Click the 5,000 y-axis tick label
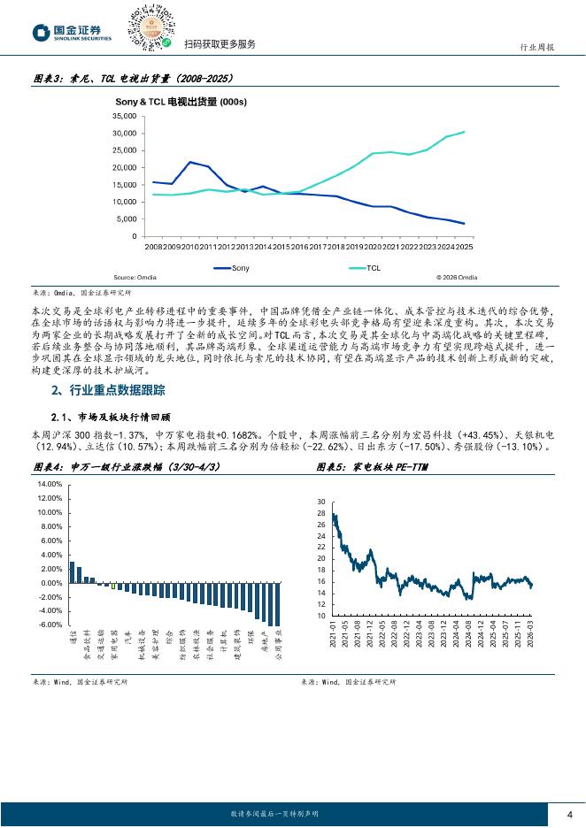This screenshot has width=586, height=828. pos(126,218)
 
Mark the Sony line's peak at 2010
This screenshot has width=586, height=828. pos(190,163)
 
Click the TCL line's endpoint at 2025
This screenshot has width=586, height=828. pos(465,132)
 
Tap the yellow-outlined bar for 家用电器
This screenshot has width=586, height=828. pos(112,586)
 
